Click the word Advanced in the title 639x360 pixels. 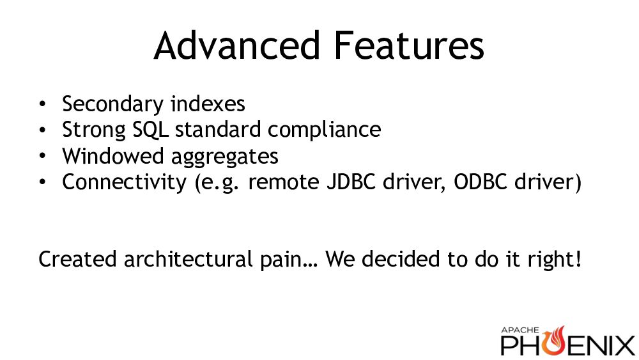(x=237, y=45)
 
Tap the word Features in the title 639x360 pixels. (x=409, y=45)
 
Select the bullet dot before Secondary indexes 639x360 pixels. (x=43, y=104)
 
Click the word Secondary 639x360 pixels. (x=113, y=104)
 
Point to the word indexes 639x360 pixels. (x=208, y=104)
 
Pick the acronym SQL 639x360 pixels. (x=150, y=130)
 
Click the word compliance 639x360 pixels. (x=325, y=130)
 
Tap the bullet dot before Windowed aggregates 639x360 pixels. (x=43, y=156)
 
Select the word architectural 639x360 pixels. (x=189, y=260)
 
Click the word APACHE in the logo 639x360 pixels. (x=520, y=330)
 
